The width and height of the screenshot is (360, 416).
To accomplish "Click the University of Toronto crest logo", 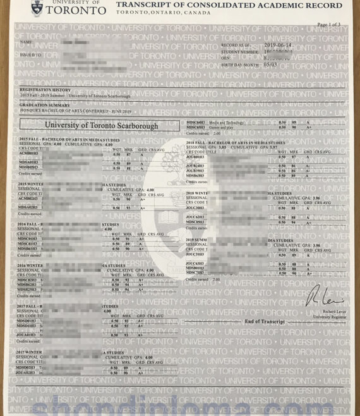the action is coord(39,7).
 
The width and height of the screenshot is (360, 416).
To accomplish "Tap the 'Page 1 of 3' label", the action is coord(329,24).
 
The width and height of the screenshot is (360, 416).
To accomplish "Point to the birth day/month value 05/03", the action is coord(270,64).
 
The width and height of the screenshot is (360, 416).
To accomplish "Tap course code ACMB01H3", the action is coord(29,154).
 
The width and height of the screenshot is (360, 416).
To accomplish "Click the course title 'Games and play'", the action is coord(219,127).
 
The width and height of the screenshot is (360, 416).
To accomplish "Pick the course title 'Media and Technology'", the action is coord(224,122).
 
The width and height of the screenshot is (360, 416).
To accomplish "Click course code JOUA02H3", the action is coord(27,372).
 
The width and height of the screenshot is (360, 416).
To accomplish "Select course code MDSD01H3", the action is coord(27,321).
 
